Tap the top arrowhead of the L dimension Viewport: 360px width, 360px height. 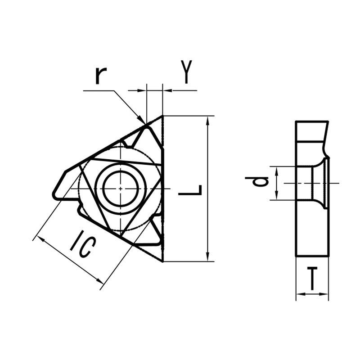[207, 119]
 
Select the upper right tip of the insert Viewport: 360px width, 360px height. [162, 117]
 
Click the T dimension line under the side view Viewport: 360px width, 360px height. [312, 295]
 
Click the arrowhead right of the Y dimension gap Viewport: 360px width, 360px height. [166, 91]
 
